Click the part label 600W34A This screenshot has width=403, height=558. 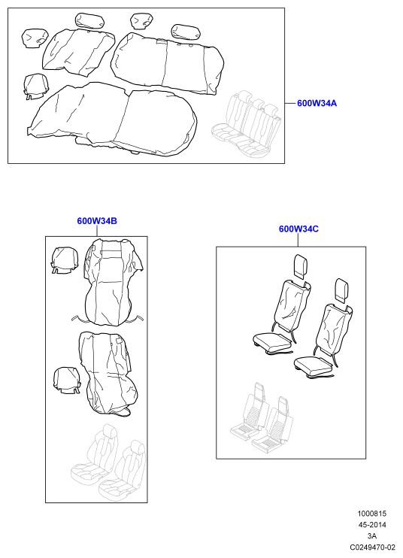[x=317, y=103]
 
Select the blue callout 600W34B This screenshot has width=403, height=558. [x=97, y=221]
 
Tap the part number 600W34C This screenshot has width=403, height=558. [x=298, y=229]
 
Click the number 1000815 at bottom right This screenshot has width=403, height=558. [x=371, y=514]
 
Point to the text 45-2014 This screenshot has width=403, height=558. [x=371, y=525]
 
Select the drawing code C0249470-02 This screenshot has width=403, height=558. [x=372, y=547]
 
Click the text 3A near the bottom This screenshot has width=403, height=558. [x=372, y=536]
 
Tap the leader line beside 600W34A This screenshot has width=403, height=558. [x=290, y=103]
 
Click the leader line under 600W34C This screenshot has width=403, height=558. [x=298, y=240]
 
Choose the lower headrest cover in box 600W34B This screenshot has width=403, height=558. [x=66, y=381]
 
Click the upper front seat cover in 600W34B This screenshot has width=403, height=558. [x=111, y=282]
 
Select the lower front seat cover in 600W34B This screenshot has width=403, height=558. [x=108, y=374]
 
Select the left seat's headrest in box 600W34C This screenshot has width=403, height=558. [x=301, y=265]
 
